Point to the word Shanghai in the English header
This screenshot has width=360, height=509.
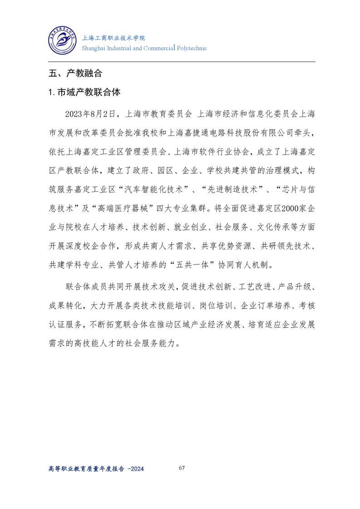pyautogui.click(x=94, y=48)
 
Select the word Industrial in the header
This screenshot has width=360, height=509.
pyautogui.click(x=119, y=48)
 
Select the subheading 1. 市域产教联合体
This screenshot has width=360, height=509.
pyautogui.click(x=84, y=92)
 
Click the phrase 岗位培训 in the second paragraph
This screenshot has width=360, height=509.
pyautogui.click(x=213, y=306)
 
